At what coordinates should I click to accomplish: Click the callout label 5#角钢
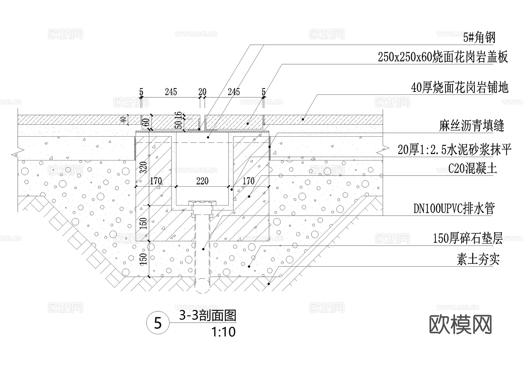click(x=479, y=38)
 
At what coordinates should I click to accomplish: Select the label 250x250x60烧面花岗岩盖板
click(x=443, y=57)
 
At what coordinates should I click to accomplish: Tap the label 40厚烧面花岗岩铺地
click(x=460, y=87)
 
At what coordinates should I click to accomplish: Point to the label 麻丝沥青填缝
click(x=471, y=126)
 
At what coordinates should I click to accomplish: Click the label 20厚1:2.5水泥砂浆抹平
click(x=454, y=150)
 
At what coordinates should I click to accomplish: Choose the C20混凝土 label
click(x=472, y=168)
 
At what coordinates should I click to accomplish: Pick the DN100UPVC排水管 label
click(x=454, y=208)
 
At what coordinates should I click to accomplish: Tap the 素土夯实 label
click(x=478, y=259)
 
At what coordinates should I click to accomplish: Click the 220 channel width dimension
click(x=202, y=181)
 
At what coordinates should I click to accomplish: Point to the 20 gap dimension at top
click(x=202, y=92)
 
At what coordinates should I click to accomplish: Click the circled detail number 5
click(x=158, y=323)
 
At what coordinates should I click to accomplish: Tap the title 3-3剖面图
click(x=207, y=316)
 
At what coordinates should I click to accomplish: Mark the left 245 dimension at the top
click(x=171, y=92)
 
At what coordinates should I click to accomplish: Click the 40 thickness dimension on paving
click(x=123, y=119)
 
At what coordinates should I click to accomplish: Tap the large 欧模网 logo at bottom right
click(x=460, y=325)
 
